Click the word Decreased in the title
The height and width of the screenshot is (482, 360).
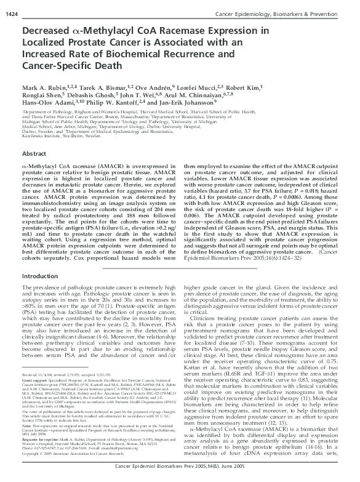click(48, 29)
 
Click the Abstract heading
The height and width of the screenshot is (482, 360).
click(37, 155)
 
